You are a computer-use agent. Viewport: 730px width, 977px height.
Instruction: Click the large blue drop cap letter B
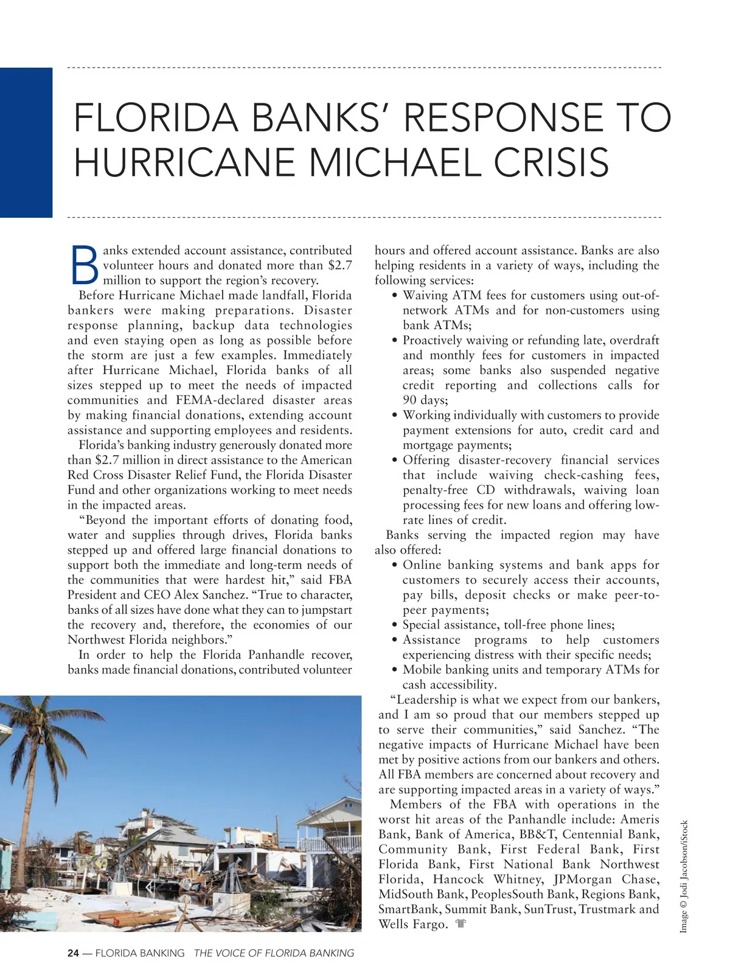[x=85, y=266]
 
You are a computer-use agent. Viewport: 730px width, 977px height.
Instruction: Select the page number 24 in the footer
[x=73, y=953]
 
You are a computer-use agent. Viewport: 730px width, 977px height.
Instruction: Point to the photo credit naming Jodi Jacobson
[x=684, y=877]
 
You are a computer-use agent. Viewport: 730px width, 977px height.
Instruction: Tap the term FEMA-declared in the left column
[x=220, y=400]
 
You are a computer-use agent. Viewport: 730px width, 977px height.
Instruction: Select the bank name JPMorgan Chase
[x=607, y=880]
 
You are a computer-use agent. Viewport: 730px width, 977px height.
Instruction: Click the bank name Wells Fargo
[x=412, y=925]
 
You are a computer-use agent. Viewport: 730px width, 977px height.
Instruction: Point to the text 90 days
[x=425, y=400]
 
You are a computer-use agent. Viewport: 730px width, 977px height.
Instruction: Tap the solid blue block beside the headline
[x=26, y=142]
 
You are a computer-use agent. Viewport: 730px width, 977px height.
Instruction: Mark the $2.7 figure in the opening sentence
[x=339, y=265]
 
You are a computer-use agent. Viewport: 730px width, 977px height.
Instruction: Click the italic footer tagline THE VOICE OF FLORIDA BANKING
[x=274, y=953]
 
